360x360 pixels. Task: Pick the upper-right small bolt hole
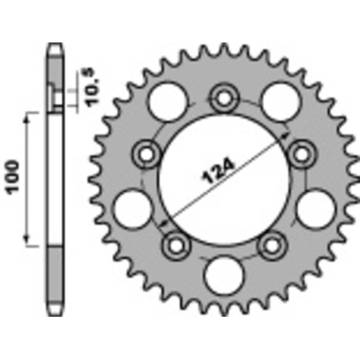point(299,155)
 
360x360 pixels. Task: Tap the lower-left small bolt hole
point(171,244)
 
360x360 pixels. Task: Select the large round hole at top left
point(168,101)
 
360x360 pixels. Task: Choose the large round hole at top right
point(278,101)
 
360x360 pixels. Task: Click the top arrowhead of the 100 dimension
point(29,116)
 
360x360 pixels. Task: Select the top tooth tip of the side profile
point(53,46)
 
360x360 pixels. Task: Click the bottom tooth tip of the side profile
point(53,313)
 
